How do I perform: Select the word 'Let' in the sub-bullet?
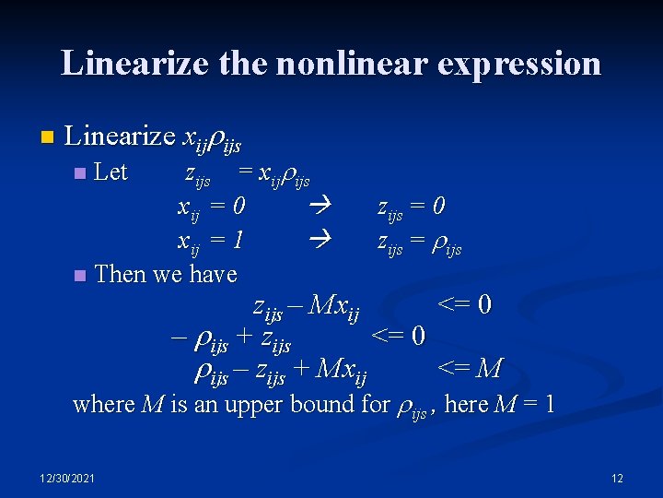click(x=111, y=172)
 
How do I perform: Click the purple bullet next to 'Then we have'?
click(x=80, y=275)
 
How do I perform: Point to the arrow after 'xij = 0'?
click(x=319, y=207)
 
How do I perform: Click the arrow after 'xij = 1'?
click(x=319, y=240)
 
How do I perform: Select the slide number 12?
click(x=617, y=478)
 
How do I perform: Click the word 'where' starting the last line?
click(x=103, y=404)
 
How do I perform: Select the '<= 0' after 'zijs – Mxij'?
click(x=464, y=303)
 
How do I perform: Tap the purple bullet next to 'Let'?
click(x=80, y=173)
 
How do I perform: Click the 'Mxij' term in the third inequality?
click(x=341, y=370)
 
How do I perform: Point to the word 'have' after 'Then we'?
click(x=213, y=274)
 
